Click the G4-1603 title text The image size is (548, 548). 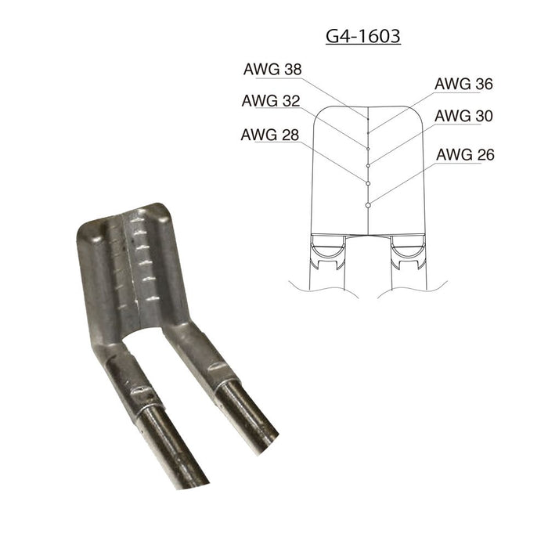click(x=363, y=36)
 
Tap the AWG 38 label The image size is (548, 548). click(x=272, y=69)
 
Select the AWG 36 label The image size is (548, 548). click(x=463, y=83)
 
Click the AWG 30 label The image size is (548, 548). click(x=463, y=116)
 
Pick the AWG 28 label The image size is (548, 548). click(x=272, y=134)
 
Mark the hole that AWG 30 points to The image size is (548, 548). click(x=368, y=164)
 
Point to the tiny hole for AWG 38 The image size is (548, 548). click(x=368, y=117)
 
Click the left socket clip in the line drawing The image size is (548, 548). click(x=330, y=251)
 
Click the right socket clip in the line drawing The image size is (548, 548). click(x=406, y=251)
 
